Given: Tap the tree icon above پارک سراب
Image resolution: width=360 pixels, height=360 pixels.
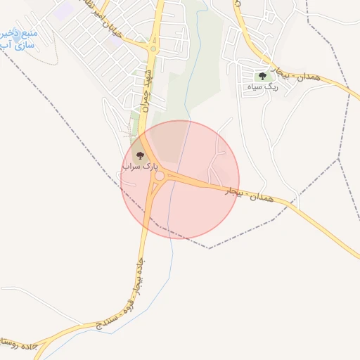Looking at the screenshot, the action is pyautogui.click(x=139, y=154).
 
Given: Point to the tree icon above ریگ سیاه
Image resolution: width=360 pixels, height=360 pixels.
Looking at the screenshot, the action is pyautogui.click(x=262, y=75).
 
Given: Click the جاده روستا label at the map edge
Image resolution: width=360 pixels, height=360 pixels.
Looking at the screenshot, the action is pyautogui.click(x=14, y=342).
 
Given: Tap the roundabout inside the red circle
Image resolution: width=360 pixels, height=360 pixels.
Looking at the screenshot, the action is pyautogui.click(x=160, y=175).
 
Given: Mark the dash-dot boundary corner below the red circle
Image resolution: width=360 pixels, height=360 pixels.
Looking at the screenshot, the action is pyautogui.click(x=209, y=248).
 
